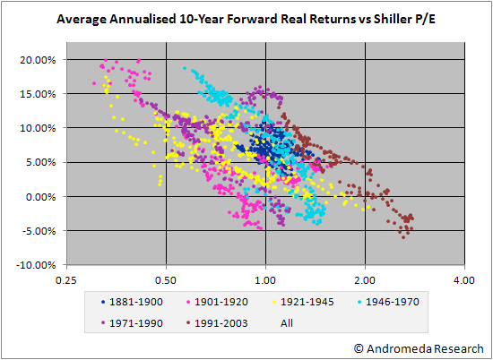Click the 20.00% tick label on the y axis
(x=38, y=60)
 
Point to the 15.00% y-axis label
(x=38, y=94)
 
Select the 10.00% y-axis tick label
(x=38, y=128)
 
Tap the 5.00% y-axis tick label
(x=40, y=162)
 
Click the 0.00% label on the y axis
(x=40, y=197)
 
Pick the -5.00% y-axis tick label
(x=39, y=231)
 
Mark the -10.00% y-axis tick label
(x=36, y=265)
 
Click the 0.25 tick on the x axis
(x=66, y=280)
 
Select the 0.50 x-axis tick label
(x=166, y=280)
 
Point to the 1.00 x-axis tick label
(x=265, y=280)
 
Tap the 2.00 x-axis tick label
(x=366, y=280)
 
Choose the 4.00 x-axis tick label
(x=464, y=280)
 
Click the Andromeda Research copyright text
(x=419, y=348)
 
